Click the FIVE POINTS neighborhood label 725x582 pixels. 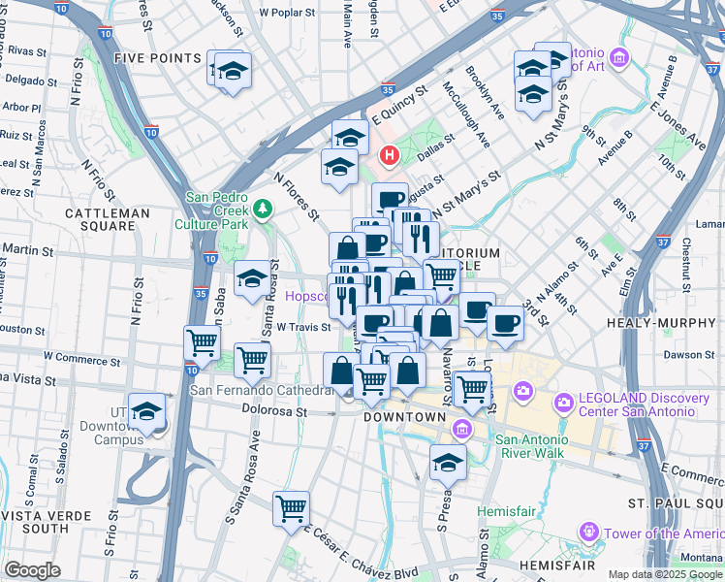(156, 58)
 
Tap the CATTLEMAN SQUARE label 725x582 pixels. (107, 219)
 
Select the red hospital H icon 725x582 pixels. (390, 154)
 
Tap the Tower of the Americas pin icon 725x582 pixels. (588, 533)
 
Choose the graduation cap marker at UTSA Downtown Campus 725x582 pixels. (147, 413)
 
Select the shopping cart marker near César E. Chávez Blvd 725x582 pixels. (291, 507)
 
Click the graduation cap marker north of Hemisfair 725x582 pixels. (448, 463)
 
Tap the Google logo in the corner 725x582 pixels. (32, 570)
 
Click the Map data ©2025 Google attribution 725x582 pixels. (665, 574)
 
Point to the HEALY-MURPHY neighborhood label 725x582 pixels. (661, 322)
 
